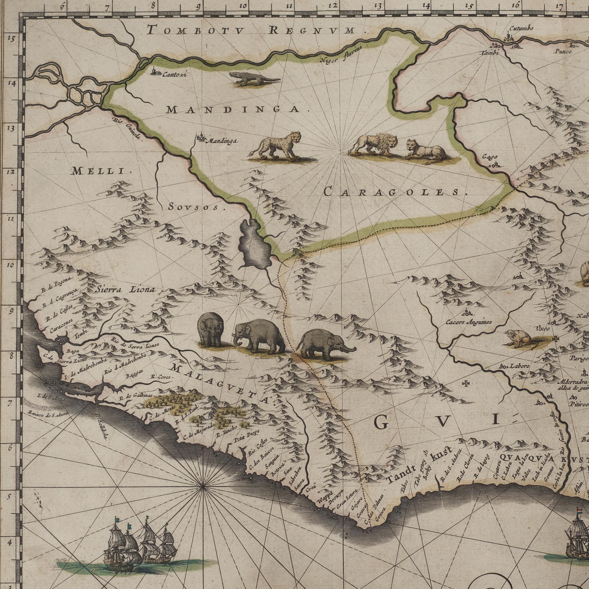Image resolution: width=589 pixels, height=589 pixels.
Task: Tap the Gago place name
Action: (x=490, y=157)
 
